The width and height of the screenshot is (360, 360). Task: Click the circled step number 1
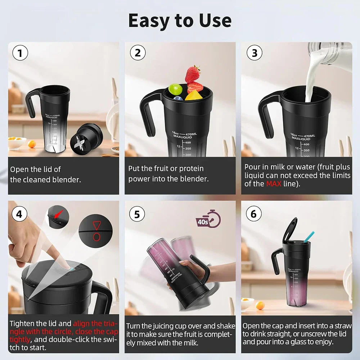(20, 54)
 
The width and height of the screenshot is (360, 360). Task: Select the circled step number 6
(253, 214)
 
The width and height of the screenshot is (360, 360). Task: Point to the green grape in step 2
(175, 89)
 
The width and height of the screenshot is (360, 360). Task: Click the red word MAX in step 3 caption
(274, 184)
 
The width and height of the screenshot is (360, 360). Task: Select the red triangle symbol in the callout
(96, 226)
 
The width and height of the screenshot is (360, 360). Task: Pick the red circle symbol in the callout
(96, 237)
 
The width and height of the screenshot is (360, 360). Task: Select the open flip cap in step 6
(290, 229)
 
